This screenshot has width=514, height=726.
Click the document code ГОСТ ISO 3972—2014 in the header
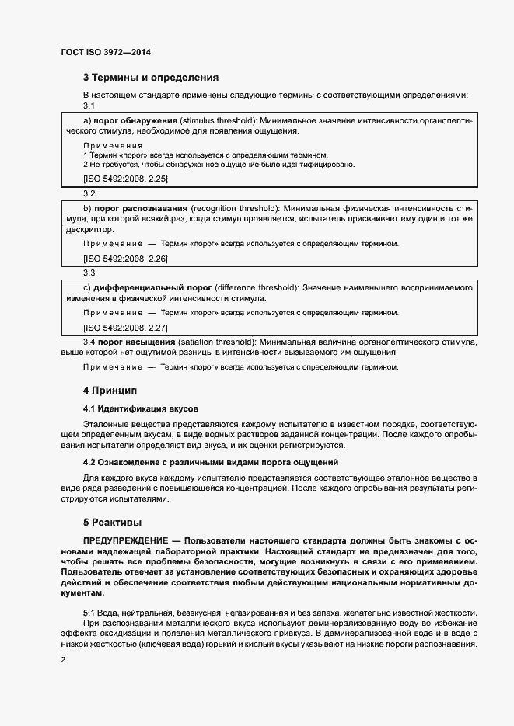click(105, 52)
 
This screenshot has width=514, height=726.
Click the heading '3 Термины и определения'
click(150, 78)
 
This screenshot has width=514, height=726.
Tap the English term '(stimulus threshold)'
click(217, 122)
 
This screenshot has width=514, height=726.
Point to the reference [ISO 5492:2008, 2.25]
click(125, 178)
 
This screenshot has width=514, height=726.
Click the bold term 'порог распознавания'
click(139, 209)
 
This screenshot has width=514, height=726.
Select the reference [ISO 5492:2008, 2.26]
click(125, 258)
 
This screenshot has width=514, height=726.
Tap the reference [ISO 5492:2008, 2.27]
click(125, 326)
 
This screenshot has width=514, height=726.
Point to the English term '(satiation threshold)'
click(217, 342)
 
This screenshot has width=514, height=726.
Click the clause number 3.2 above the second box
click(89, 193)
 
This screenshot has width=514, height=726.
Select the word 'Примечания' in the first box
click(113, 145)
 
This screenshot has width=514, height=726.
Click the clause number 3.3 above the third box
click(89, 273)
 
